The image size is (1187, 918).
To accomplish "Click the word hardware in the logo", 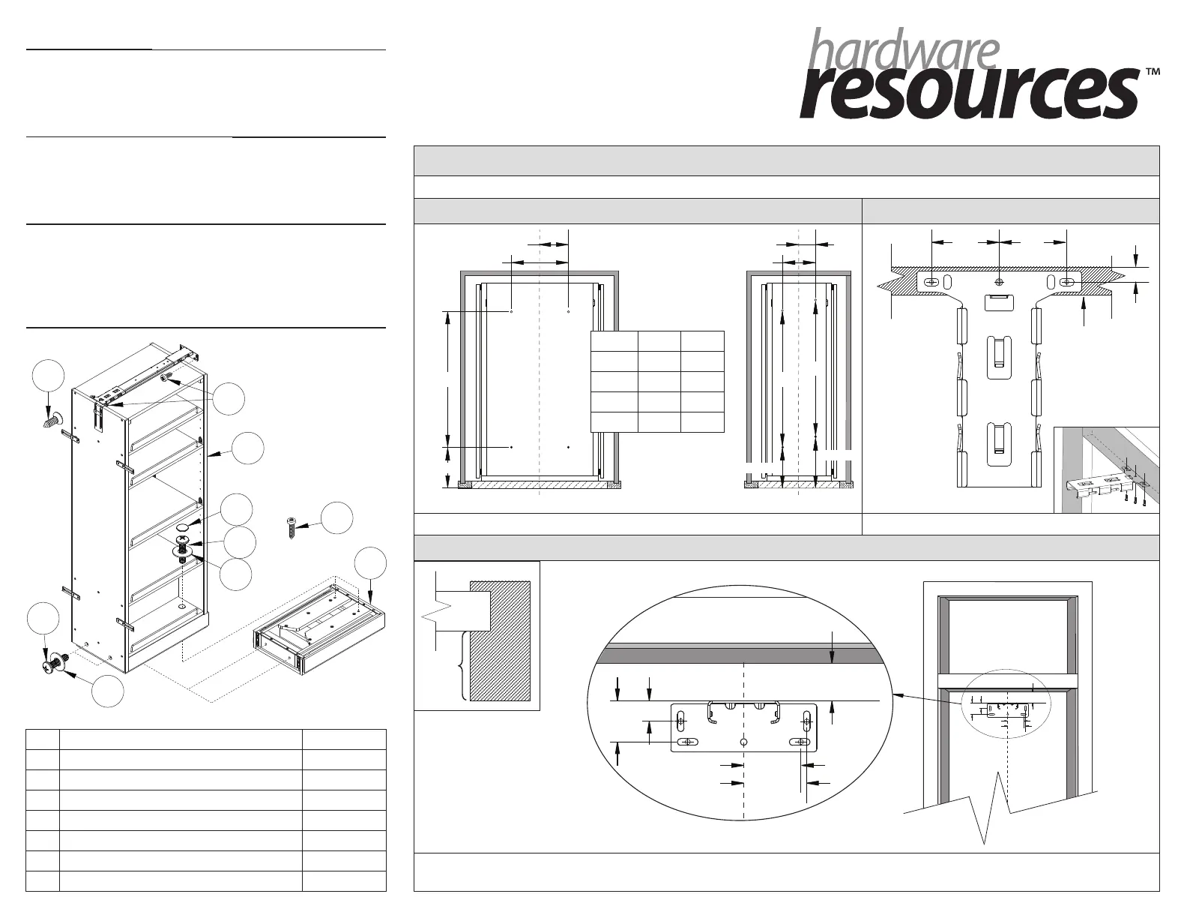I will [904, 50].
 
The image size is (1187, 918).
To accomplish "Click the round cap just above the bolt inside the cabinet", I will [183, 529].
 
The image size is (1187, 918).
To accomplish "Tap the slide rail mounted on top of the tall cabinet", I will [150, 374].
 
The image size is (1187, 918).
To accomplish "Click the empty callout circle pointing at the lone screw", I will [336, 517].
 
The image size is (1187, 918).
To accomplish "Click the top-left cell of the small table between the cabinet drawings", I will [614, 340].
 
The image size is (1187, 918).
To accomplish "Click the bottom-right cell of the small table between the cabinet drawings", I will [702, 422].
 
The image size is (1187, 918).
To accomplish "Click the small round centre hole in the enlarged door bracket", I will [743, 742].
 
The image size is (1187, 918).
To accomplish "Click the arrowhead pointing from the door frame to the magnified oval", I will [899, 695].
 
